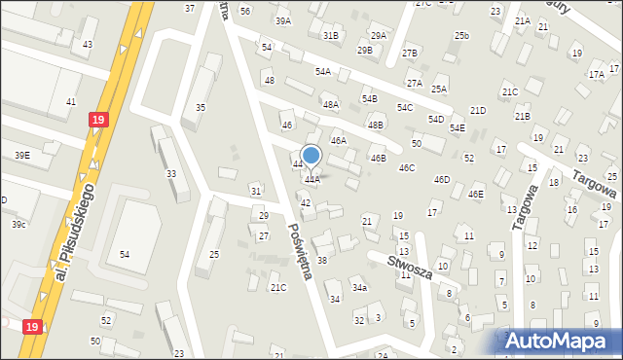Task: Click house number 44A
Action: pos(311,180)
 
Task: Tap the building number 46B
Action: pos(377,158)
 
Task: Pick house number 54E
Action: pos(457,128)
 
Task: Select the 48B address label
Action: pos(375,126)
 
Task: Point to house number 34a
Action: pos(359,288)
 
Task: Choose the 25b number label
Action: pos(460,36)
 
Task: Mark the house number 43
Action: pos(88,45)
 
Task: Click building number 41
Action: pos(70,102)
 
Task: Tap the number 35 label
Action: pos(201,108)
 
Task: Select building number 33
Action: pos(171,173)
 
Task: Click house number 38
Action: pos(322,261)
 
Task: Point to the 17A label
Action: pos(596,74)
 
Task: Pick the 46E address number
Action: pos(475,195)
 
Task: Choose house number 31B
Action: pos(331,36)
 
